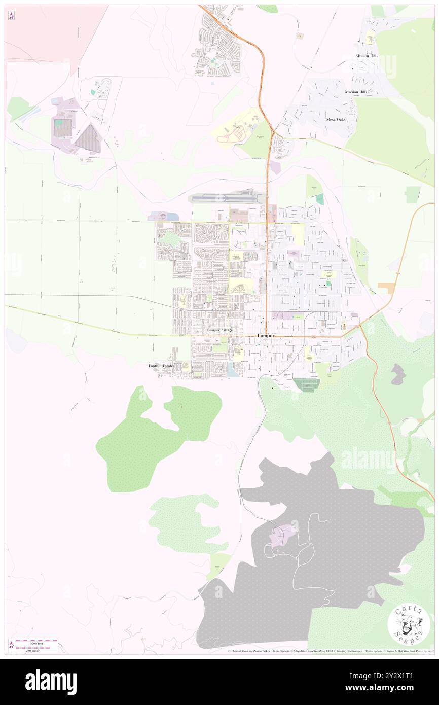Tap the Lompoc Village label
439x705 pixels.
(219, 330)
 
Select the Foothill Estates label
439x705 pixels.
(161, 366)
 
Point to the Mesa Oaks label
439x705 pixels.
(336, 120)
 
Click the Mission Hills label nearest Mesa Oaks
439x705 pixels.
(356, 92)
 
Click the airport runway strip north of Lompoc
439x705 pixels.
(223, 198)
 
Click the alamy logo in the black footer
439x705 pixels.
(51, 682)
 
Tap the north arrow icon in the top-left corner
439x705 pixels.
(11, 16)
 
